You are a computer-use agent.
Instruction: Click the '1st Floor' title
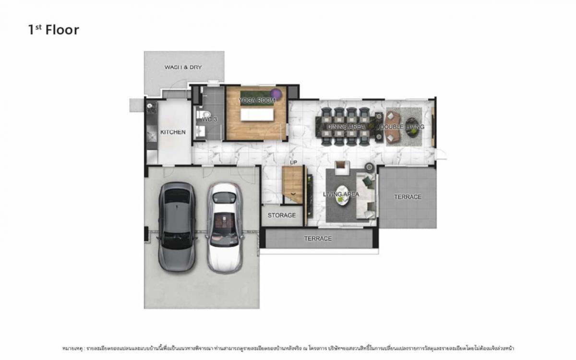(x=53, y=30)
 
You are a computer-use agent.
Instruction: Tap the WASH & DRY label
(x=183, y=67)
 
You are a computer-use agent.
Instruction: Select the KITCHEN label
(x=173, y=132)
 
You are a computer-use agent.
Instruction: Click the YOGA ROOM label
(x=257, y=100)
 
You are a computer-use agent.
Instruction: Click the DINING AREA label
(x=346, y=127)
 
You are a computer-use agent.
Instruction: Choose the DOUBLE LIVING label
(x=402, y=127)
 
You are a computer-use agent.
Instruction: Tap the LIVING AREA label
(x=341, y=194)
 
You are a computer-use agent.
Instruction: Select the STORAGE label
(x=282, y=215)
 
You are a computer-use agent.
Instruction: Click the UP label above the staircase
(x=294, y=163)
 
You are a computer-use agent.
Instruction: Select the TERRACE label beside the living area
(x=408, y=197)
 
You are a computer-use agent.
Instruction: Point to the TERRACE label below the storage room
(x=318, y=239)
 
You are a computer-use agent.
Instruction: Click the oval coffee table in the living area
(x=342, y=195)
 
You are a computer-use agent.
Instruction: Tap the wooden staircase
(x=293, y=184)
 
